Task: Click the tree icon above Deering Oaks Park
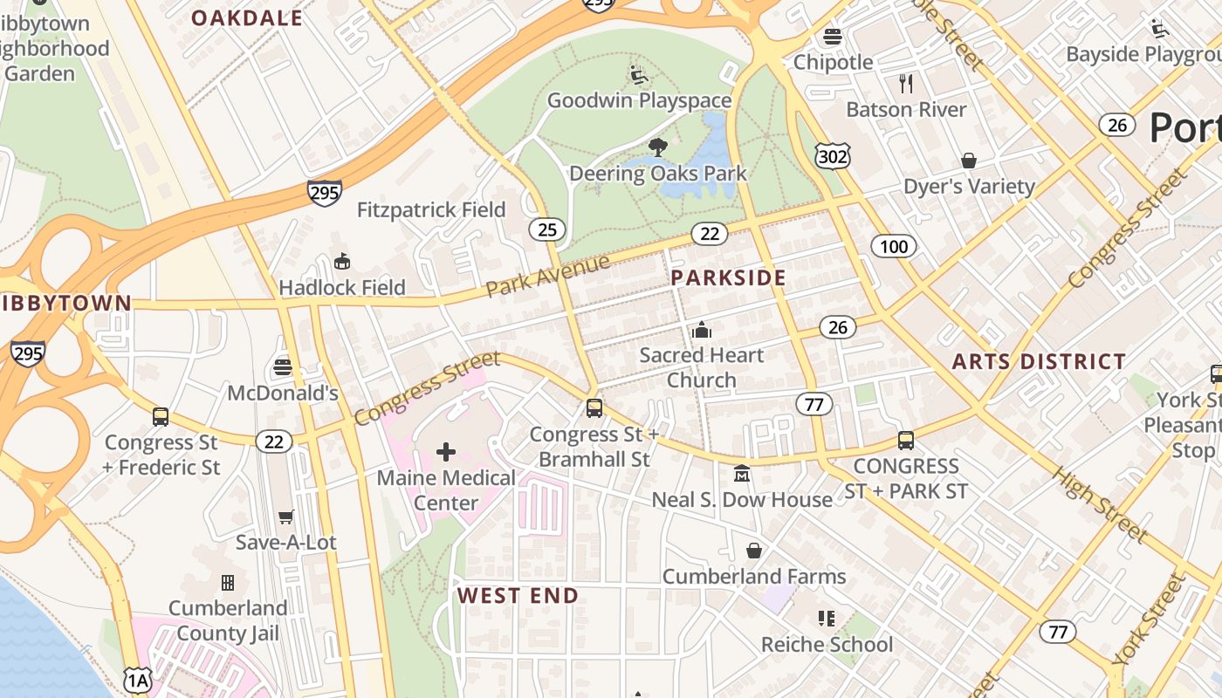[658, 147]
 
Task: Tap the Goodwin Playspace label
[639, 100]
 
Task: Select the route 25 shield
[547, 229]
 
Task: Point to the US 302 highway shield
[833, 156]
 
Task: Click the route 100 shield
[894, 246]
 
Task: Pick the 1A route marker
[137, 681]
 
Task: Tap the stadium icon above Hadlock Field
[342, 262]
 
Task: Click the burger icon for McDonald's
[282, 367]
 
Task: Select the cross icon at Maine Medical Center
[446, 451]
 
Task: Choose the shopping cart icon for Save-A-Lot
[285, 517]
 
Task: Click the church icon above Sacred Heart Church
[701, 331]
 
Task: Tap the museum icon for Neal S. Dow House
[742, 474]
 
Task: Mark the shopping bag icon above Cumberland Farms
[754, 551]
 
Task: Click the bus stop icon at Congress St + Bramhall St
[594, 408]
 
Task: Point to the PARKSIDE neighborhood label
[728, 278]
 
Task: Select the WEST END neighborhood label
[518, 596]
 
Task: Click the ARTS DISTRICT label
[1039, 361]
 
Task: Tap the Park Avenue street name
[548, 276]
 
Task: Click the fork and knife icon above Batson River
[906, 84]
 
